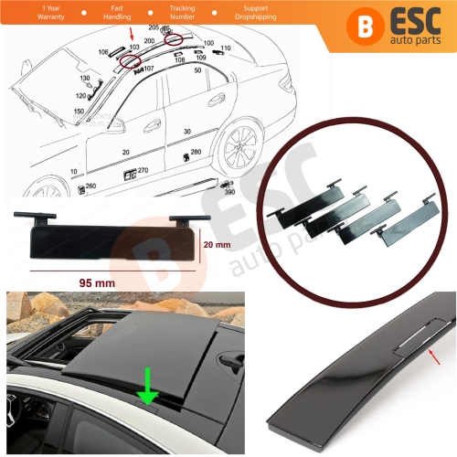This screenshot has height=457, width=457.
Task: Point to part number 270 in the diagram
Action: pos(143,170)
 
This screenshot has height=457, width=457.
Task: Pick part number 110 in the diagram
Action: pos(226,47)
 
